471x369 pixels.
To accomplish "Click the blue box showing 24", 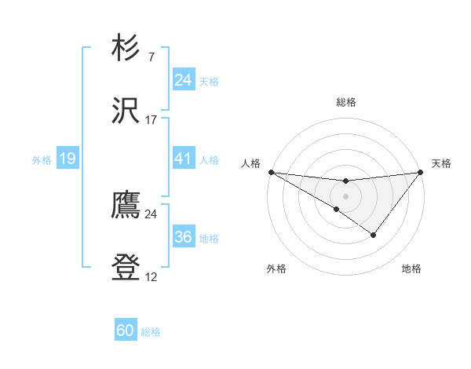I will pyautogui.click(x=183, y=80).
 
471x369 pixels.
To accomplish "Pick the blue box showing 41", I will pyautogui.click(x=183, y=159).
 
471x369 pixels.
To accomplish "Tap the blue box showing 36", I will pyautogui.click(x=183, y=237).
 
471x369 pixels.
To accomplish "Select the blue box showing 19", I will pyautogui.click(x=67, y=159).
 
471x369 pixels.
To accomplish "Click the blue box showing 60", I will pyautogui.click(x=125, y=331).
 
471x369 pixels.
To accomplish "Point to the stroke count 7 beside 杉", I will pyautogui.click(x=151, y=57).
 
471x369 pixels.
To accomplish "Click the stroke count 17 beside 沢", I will pyautogui.click(x=152, y=119).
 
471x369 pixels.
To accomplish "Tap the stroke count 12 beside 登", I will pyautogui.click(x=152, y=277).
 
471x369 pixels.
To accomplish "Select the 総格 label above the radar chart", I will pyautogui.click(x=346, y=102).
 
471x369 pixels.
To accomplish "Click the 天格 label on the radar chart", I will pyautogui.click(x=441, y=163).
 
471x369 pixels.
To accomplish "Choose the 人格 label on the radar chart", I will pyautogui.click(x=251, y=163).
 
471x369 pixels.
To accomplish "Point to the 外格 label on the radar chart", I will pyautogui.click(x=276, y=269).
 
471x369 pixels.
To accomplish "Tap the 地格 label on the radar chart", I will pyautogui.click(x=411, y=269).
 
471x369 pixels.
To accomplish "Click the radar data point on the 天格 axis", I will pyautogui.click(x=421, y=172).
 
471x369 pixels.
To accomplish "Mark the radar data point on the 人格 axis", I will pyautogui.click(x=271, y=171).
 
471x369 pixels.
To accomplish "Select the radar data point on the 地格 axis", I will pyautogui.click(x=374, y=235).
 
